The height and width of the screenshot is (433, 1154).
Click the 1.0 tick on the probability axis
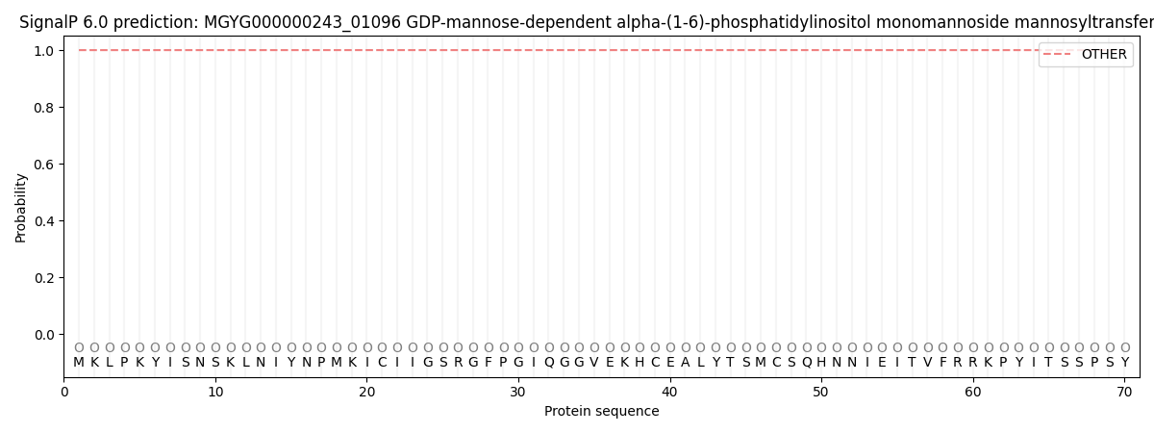click(x=44, y=51)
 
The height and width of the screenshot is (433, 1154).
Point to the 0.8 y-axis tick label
click(x=44, y=108)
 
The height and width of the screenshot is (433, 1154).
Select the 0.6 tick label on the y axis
click(x=44, y=165)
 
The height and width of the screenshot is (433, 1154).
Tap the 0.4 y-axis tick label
click(x=44, y=221)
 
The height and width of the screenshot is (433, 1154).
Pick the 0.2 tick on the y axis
click(x=44, y=278)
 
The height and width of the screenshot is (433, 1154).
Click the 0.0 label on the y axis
click(x=44, y=335)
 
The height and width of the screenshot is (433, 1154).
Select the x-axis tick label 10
click(x=215, y=393)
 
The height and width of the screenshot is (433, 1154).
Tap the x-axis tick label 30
click(x=518, y=393)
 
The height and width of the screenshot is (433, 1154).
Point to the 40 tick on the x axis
click(x=669, y=393)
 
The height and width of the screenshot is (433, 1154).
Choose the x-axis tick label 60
click(x=973, y=393)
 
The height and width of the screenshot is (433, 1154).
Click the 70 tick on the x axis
click(x=1124, y=393)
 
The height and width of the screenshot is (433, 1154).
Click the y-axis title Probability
click(x=20, y=208)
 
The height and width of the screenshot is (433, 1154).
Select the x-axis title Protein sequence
click(x=602, y=412)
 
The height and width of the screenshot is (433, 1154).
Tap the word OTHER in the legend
click(x=1104, y=54)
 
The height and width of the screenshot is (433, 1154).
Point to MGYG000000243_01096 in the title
click(x=302, y=23)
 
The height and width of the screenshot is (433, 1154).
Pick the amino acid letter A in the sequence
click(x=685, y=363)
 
